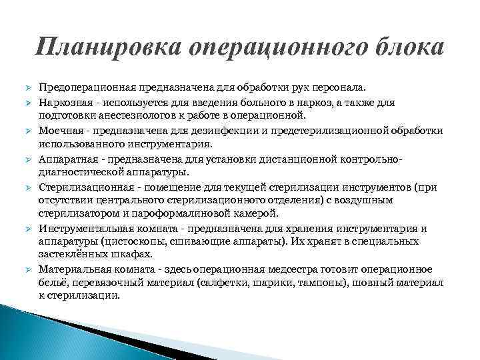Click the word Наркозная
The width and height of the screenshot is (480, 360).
[x=65, y=103]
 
